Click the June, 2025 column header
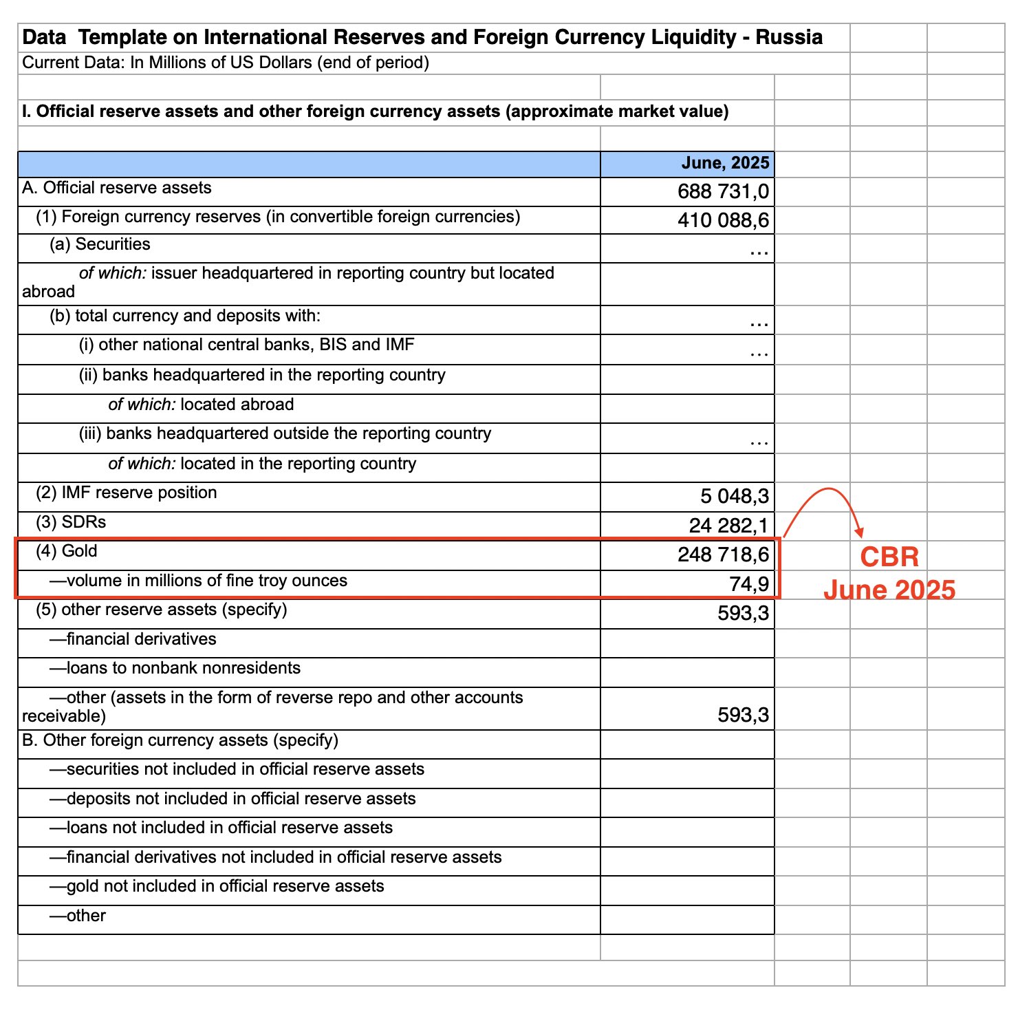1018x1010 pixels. pos(725,163)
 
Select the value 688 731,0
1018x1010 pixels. pos(723,191)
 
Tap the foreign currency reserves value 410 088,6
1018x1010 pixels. pos(723,220)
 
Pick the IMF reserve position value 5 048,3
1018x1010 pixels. pos(735,496)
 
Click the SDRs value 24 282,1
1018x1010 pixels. pos(728,526)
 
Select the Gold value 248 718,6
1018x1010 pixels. pos(723,555)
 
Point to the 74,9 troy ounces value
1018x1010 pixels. pos(749,584)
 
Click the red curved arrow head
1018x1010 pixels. pos(858,531)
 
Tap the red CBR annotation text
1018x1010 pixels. pos(889,557)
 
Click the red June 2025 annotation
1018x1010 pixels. pos(889,590)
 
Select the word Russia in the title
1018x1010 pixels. pos(789,37)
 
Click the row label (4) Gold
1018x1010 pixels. pos(67,551)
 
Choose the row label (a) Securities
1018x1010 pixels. pos(99,244)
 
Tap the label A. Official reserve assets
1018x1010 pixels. pos(117,188)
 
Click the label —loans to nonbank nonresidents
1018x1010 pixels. pos(175,668)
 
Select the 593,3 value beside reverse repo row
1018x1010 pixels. pos(743,715)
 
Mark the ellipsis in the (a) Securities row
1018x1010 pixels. pos(759,252)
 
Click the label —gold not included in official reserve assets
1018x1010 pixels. pos(217,886)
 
